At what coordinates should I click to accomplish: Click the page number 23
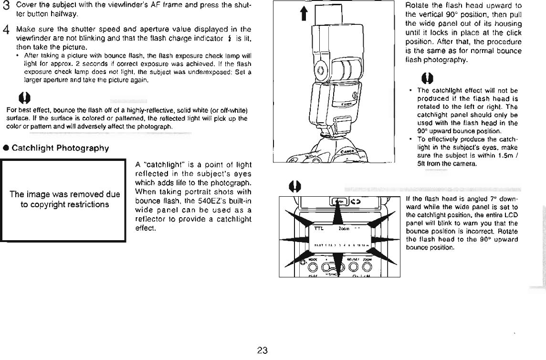[x=262, y=351]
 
